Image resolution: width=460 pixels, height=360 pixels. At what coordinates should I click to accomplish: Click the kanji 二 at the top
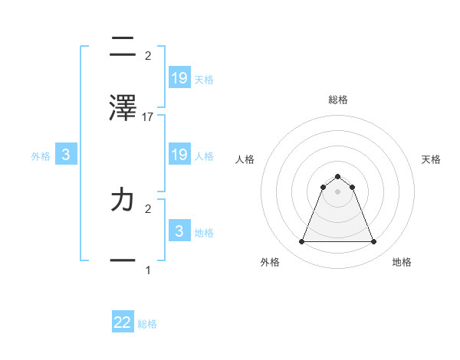[x=123, y=47]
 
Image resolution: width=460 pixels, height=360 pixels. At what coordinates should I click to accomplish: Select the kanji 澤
[x=123, y=108]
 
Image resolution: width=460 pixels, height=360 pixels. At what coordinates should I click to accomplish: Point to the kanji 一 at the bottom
[x=123, y=260]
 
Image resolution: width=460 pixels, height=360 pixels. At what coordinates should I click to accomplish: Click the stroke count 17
[x=148, y=116]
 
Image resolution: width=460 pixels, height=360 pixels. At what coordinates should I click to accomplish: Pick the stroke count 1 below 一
[x=148, y=270]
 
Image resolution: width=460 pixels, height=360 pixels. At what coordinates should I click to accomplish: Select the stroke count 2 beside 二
[x=148, y=55]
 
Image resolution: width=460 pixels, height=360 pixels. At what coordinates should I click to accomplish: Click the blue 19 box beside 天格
[x=179, y=78]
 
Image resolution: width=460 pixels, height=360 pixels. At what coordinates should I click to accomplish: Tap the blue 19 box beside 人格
[x=179, y=155]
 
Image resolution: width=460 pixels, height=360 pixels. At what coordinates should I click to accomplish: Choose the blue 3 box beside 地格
[x=179, y=231]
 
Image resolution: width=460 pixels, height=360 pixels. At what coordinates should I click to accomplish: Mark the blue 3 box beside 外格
[x=66, y=155]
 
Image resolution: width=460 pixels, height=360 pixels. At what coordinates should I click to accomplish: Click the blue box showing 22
[x=123, y=322]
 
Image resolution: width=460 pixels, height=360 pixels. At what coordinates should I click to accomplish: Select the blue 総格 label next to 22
[x=147, y=324]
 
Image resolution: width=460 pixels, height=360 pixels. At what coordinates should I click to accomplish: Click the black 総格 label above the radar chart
[x=337, y=100]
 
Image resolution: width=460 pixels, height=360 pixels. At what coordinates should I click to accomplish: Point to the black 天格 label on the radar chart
[x=432, y=159]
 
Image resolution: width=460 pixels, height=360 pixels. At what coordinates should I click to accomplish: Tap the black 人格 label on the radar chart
[x=245, y=159]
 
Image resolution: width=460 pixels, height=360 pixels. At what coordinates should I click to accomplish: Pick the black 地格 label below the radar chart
[x=402, y=262]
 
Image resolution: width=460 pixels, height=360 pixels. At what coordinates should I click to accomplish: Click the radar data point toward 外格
[x=301, y=242]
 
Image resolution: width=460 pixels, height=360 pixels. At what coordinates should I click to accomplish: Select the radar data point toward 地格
[x=373, y=242]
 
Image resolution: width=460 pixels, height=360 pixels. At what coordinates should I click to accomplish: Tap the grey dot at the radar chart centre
[x=337, y=191]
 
